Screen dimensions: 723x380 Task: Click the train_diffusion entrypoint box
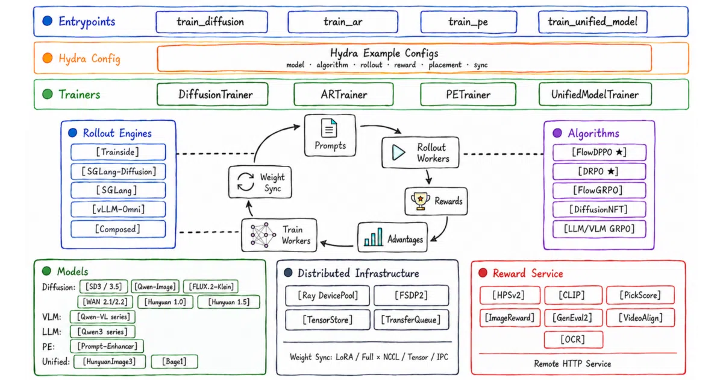point(211,22)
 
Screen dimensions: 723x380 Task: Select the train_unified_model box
point(593,22)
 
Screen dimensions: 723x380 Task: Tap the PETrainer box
point(468,94)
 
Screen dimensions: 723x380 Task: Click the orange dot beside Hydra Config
point(48,58)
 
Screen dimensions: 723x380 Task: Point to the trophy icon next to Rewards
point(420,201)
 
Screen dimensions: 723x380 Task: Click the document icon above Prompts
point(329,128)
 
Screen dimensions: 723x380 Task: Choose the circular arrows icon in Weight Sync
point(246,182)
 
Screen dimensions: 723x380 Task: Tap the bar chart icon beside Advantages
point(373,237)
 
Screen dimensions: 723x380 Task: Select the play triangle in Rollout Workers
point(399,153)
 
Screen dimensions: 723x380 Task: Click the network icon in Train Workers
point(263,235)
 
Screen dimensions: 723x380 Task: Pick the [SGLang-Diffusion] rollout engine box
point(118,171)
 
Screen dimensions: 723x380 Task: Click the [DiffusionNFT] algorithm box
point(599,209)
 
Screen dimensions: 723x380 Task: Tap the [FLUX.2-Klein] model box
point(211,287)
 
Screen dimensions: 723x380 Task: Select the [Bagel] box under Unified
point(174,361)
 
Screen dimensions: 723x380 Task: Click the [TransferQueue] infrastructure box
point(411,320)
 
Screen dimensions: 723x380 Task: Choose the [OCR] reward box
point(573,339)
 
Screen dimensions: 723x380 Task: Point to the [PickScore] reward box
point(640,295)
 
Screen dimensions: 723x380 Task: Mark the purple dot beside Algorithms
point(557,133)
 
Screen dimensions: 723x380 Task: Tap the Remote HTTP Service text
point(572,364)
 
